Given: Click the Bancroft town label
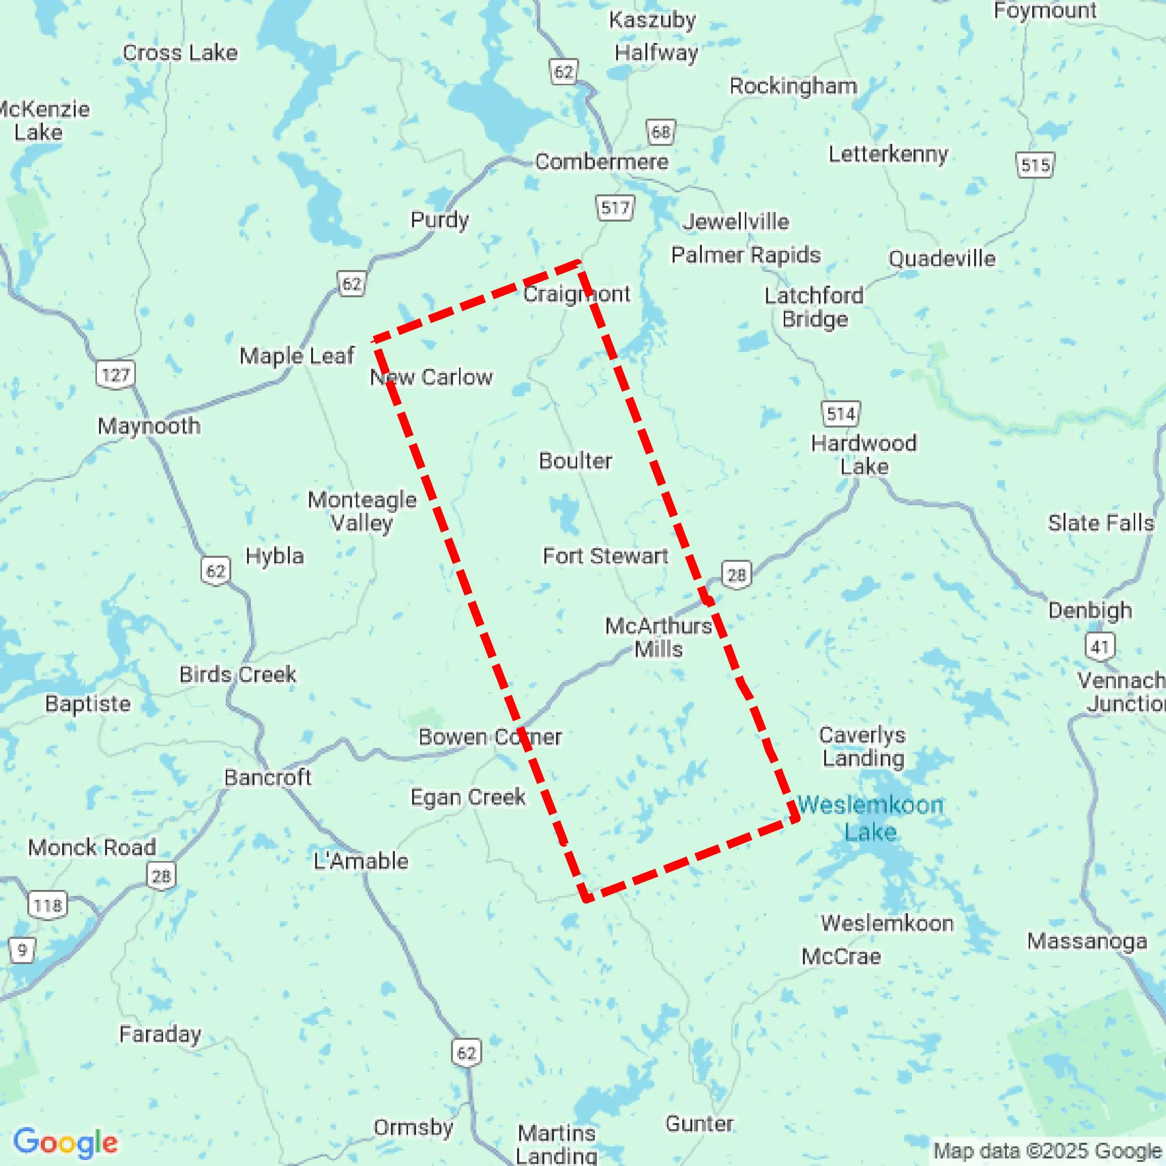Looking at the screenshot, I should pos(268,777).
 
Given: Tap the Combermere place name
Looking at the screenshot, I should pos(601,161).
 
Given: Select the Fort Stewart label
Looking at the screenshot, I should pos(605,555).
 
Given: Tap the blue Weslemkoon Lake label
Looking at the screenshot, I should pos(870,818).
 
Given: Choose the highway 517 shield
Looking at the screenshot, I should pos(615,208).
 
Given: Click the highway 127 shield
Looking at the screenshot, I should pos(115,375).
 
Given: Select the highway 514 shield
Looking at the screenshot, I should pos(840,413).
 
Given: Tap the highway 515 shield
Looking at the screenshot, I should pos(1035,165).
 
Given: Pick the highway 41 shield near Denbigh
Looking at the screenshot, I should pos(1099,647).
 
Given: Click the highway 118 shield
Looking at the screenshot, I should pos(47,905).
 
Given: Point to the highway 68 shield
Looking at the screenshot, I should pos(661,132).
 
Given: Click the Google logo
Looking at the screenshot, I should pos(65,1142).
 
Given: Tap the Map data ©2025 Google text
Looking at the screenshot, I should pos(1048,1150).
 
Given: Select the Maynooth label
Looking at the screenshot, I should pos(148,426).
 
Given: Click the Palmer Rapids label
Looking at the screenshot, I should pos(745,255).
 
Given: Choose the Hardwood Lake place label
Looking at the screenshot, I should pos(864,454).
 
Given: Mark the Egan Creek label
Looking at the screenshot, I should pos(468,797).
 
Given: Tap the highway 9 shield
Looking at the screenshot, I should pos(22,950).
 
